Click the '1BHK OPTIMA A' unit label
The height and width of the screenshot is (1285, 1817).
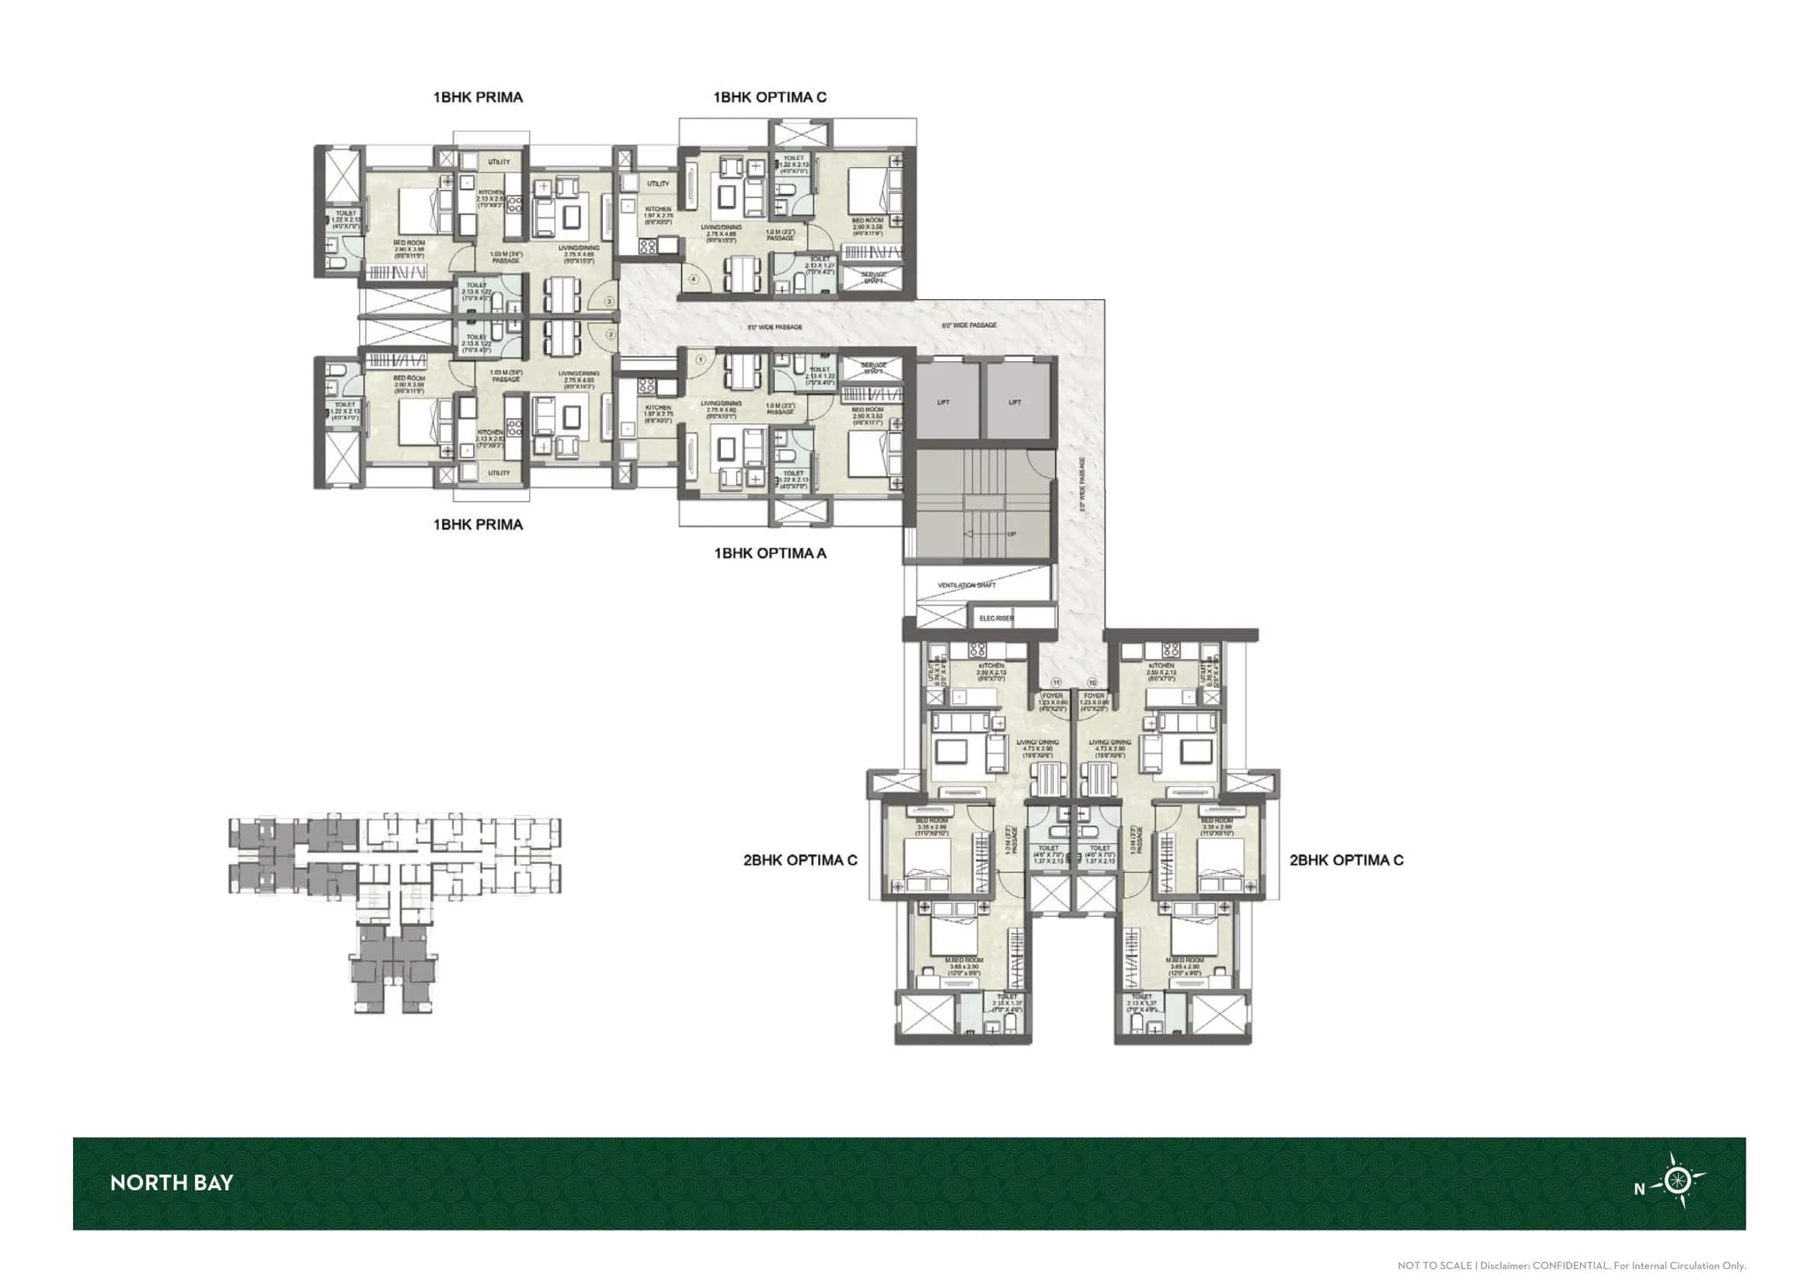click(770, 553)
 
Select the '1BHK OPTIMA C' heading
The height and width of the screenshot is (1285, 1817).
click(770, 97)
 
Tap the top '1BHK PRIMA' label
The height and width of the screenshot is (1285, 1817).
click(478, 97)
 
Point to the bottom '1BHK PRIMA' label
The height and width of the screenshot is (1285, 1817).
click(478, 524)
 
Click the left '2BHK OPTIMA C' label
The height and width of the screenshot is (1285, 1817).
click(800, 860)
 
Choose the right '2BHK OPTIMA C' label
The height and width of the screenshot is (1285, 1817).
click(1346, 860)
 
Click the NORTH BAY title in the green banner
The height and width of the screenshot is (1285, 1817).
click(172, 1183)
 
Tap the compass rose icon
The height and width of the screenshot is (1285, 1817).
click(1676, 1182)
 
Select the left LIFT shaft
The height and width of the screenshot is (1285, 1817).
click(943, 402)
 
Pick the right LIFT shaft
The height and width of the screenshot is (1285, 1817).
click(1015, 402)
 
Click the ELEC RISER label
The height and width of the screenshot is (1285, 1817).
click(997, 618)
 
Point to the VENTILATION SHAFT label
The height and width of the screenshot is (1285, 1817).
click(966, 586)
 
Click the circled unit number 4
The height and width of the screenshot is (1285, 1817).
click(694, 280)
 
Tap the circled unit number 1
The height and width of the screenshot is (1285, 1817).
click(701, 360)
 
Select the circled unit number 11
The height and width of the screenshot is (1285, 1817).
click(1055, 682)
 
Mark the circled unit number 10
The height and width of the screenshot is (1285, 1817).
click(1093, 682)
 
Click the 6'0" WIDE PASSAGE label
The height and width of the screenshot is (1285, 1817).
click(969, 326)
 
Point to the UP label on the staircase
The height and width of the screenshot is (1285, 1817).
click(1011, 534)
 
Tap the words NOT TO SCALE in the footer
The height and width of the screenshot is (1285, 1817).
click(1434, 1266)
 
